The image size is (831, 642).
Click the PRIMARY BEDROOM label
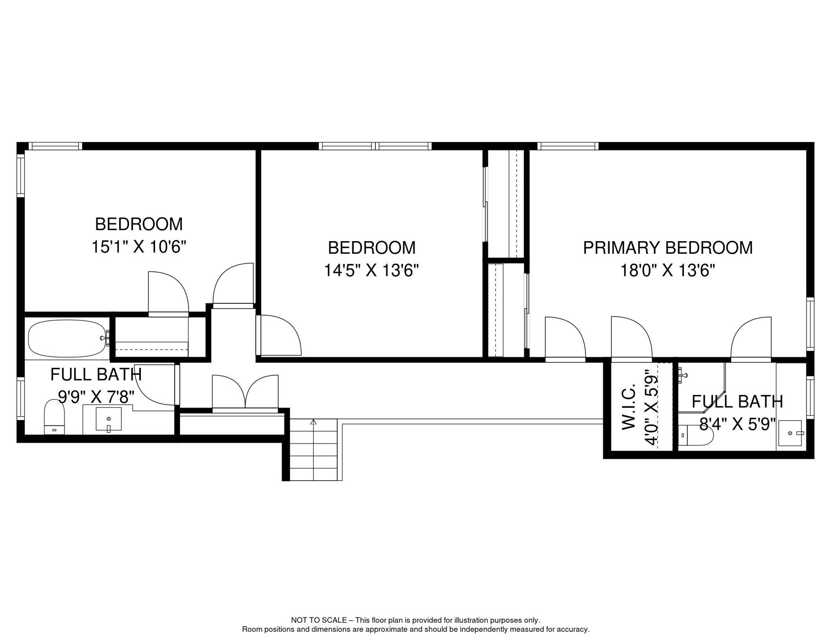pos(668,248)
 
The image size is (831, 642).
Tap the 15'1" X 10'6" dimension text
pos(139,247)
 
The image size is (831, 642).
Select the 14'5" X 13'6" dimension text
pos(371,270)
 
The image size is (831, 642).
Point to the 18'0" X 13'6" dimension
pos(668,270)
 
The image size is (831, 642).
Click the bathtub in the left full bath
pos(67,339)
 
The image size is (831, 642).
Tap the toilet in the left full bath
pos(54,417)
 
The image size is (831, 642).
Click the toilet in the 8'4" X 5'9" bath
pos(695,436)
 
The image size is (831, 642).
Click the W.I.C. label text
pos(629,407)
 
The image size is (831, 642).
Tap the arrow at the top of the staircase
pos(314,422)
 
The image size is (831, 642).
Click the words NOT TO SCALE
pos(319,620)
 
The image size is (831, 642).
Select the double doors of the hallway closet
pos(245,393)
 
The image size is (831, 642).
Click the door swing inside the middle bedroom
pos(279,336)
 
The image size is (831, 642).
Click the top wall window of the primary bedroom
pos(568,146)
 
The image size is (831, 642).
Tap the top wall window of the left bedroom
pos(55,146)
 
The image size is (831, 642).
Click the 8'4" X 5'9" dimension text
pos(737,425)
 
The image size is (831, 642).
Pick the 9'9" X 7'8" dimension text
pos(96,397)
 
